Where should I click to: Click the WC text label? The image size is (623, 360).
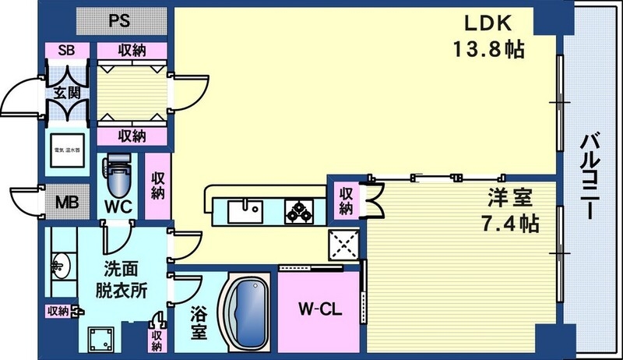[119, 208]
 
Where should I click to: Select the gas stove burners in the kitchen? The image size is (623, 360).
[300, 210]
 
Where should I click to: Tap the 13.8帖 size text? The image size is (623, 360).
[487, 49]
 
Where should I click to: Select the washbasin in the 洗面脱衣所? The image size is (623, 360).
[60, 265]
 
